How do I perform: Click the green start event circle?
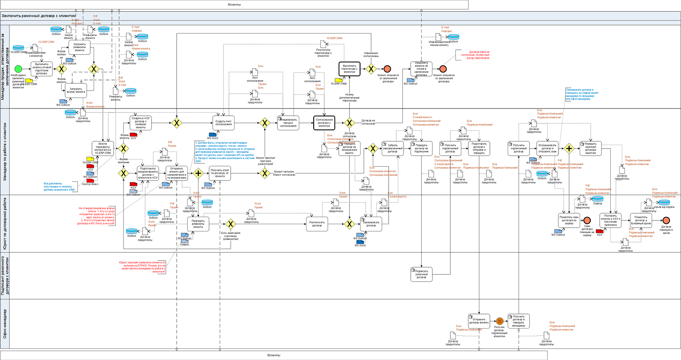coord(18,69)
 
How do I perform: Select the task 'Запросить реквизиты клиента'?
coord(80,47)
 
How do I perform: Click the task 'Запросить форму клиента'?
coord(76,90)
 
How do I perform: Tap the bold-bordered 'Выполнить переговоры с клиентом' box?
coord(349,69)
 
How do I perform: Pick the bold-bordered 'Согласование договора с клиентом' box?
coord(324,123)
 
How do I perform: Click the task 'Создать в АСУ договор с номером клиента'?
coord(140,123)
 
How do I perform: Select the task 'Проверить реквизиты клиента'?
coord(198,224)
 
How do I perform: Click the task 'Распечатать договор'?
coord(317,224)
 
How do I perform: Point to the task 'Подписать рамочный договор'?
coord(421,274)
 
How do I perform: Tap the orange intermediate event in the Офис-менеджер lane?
coord(500,321)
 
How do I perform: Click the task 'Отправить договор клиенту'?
coord(479,321)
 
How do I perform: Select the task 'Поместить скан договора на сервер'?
coord(569,220)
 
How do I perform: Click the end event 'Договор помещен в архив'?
coord(666,220)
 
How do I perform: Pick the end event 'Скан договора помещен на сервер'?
coord(587,220)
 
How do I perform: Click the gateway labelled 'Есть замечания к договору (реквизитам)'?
coord(230,224)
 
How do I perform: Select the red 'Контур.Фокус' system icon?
coord(90,181)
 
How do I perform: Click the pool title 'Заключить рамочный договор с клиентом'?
coord(39,16)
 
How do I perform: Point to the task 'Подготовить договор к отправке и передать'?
coord(479,148)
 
